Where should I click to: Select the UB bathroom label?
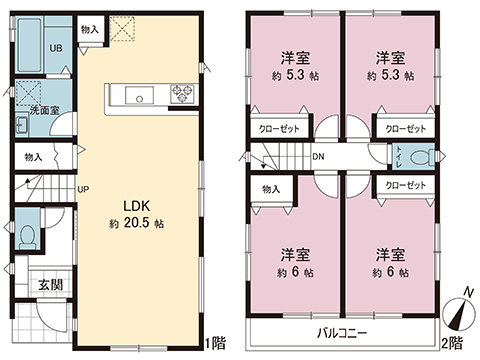[58, 48]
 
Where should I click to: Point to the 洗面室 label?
[41, 110]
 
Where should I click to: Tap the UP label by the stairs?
[85, 187]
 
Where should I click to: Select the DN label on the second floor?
[318, 157]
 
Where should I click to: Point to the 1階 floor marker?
[216, 344]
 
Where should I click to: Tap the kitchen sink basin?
[135, 96]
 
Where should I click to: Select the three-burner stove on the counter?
[182, 96]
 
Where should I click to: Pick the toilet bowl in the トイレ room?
[428, 156]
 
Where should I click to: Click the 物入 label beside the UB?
[89, 30]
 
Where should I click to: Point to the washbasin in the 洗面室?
[21, 125]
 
